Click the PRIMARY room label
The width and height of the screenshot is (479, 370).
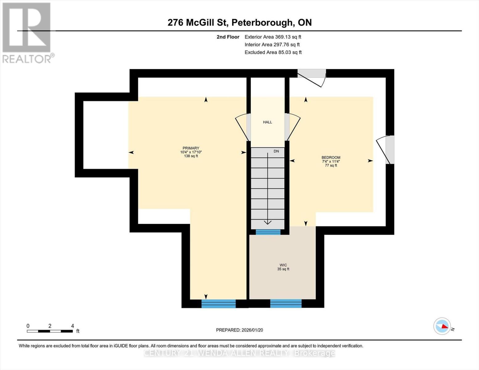pyautogui.click(x=191, y=148)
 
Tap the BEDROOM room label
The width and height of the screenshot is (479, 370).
pyautogui.click(x=331, y=157)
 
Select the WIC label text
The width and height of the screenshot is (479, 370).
pyautogui.click(x=283, y=265)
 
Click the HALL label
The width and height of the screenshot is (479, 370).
pyautogui.click(x=267, y=122)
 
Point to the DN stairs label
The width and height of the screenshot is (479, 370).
pyautogui.click(x=276, y=151)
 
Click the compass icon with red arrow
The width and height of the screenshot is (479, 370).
pyautogui.click(x=442, y=326)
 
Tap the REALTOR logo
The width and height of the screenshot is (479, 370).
pyautogui.click(x=27, y=33)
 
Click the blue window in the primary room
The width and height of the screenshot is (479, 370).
pyautogui.click(x=218, y=304)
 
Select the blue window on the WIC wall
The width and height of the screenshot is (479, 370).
pyautogui.click(x=286, y=303)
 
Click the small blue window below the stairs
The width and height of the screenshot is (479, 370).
pyautogui.click(x=268, y=232)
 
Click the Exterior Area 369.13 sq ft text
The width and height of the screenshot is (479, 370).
pyautogui.click(x=273, y=37)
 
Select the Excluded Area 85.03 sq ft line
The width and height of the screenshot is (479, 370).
pyautogui.click(x=273, y=52)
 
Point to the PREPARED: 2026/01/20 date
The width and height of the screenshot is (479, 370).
pyautogui.click(x=239, y=330)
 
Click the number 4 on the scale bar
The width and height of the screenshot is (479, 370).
pyautogui.click(x=72, y=326)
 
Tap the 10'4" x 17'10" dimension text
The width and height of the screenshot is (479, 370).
pyautogui.click(x=191, y=152)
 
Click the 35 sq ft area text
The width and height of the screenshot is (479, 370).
pyautogui.click(x=283, y=269)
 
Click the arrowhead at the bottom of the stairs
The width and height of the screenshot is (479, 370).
pyautogui.click(x=267, y=222)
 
